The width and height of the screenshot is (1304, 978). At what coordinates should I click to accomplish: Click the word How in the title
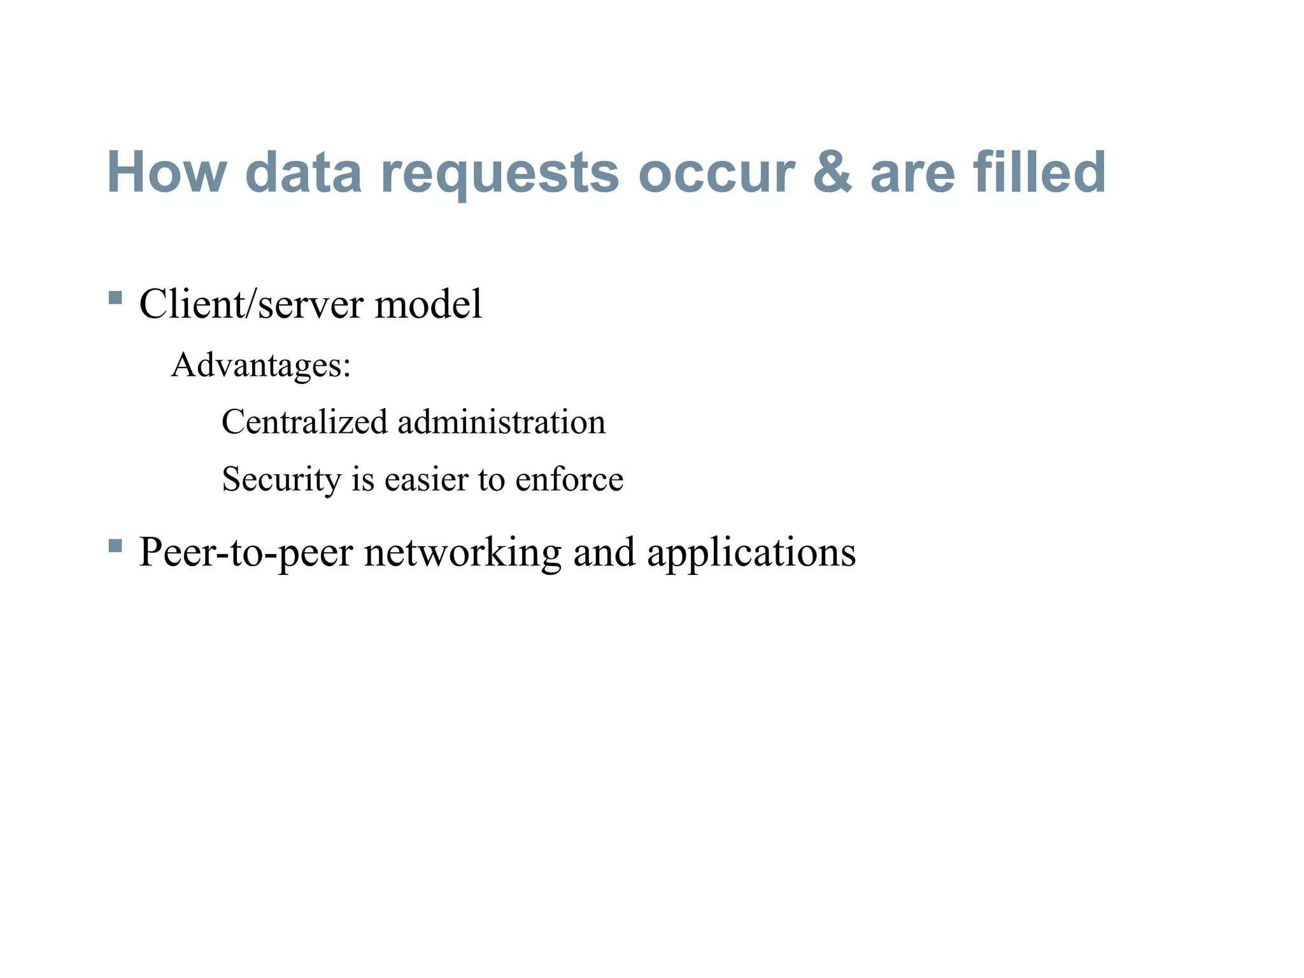click(x=167, y=172)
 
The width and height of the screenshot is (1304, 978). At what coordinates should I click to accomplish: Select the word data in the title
click(x=303, y=172)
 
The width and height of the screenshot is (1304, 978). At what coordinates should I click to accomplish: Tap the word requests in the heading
click(x=500, y=175)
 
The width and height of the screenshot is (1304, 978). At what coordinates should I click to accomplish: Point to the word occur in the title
click(x=717, y=173)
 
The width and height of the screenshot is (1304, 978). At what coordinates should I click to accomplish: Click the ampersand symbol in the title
click(x=832, y=172)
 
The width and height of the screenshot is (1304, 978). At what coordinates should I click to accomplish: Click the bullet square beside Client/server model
click(x=115, y=297)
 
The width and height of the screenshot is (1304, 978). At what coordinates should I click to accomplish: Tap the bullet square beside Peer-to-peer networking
click(x=115, y=546)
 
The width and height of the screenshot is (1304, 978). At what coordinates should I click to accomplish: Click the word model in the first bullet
click(x=429, y=304)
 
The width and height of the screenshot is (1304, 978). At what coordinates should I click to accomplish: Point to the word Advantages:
click(x=261, y=366)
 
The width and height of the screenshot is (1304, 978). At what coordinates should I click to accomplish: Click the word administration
click(x=502, y=422)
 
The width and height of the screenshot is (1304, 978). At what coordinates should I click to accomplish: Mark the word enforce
click(x=569, y=479)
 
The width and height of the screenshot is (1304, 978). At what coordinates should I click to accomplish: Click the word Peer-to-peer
click(x=246, y=552)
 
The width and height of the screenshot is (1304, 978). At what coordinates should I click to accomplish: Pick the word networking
click(x=463, y=552)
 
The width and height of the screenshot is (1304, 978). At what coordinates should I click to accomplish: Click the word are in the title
click(x=912, y=173)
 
